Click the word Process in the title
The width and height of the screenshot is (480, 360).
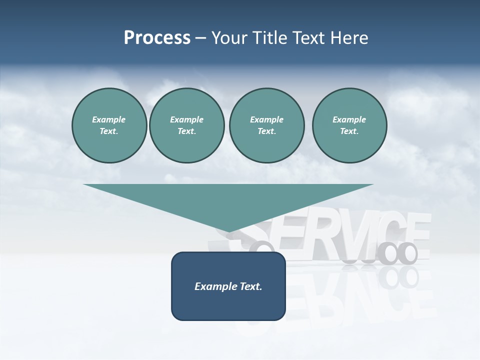coord(157,38)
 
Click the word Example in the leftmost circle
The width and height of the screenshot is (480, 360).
coord(109,119)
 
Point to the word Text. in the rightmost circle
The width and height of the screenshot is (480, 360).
coord(349,131)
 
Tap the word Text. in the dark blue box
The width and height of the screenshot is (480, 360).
coord(251,286)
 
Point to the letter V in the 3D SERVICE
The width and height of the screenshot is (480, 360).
coord(345,232)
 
